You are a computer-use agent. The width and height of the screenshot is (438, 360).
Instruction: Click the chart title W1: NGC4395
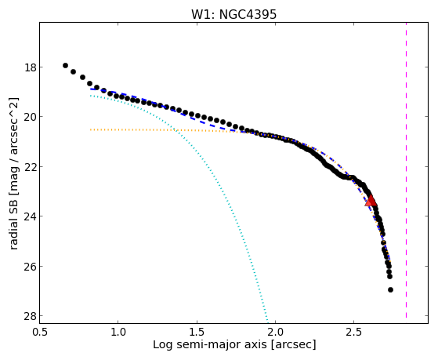point(233,14)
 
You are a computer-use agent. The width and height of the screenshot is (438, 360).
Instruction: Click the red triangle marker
point(371,200)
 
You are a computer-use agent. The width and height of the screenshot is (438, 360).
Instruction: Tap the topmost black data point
point(65,65)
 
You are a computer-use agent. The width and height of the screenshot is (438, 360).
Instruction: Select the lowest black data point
point(390,289)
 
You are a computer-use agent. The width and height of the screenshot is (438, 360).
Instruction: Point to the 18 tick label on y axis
point(31,67)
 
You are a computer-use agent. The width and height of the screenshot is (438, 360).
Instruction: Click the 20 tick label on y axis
point(31,117)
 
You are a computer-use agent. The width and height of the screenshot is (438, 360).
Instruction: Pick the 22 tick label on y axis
point(31,167)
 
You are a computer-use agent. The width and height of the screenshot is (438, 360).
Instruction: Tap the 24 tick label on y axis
point(31,216)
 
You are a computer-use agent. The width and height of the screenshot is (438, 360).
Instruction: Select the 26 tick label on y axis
point(31,267)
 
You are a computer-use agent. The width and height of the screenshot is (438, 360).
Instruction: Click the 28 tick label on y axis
point(31,316)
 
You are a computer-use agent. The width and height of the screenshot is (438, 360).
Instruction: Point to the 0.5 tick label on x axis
point(40,332)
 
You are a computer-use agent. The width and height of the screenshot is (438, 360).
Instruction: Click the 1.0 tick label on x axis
point(118,332)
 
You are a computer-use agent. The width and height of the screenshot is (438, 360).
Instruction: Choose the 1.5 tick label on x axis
point(197,332)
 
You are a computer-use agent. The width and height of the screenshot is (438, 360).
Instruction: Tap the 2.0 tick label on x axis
point(276,332)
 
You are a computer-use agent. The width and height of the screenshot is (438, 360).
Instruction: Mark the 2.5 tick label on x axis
point(354,332)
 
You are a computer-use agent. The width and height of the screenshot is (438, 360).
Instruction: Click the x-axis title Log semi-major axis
point(209,344)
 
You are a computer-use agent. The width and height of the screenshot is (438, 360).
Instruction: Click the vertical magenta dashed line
point(406,170)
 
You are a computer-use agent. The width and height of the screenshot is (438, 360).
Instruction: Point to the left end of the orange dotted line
point(91,129)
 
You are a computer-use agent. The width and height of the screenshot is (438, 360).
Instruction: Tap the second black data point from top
point(73,71)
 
